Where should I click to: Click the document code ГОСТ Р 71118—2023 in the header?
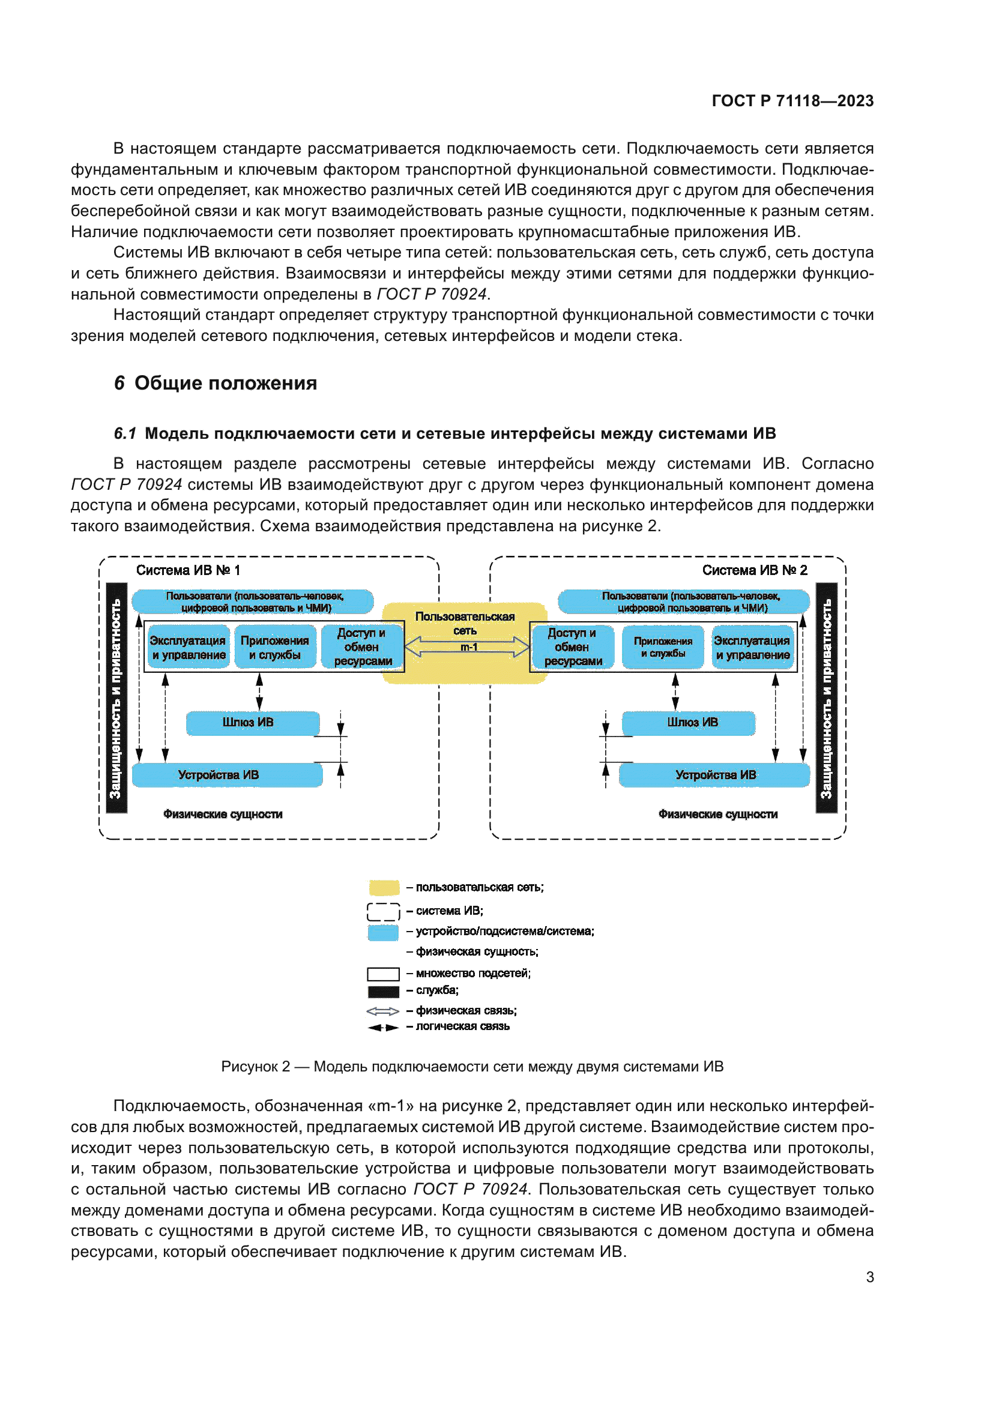[x=792, y=101]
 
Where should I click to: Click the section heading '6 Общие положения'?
[x=216, y=384]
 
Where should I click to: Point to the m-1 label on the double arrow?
[x=468, y=647]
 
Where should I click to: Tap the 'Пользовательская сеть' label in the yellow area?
[x=465, y=622]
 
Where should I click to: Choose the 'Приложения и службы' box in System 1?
[x=274, y=647]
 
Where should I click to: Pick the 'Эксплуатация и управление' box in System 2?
[x=752, y=647]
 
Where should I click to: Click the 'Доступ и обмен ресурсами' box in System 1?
[x=362, y=646]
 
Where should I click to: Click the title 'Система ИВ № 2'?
[x=754, y=570]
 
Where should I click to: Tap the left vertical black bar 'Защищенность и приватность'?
[x=116, y=697]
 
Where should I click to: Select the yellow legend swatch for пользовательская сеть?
[x=384, y=887]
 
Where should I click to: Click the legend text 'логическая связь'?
[x=462, y=1026]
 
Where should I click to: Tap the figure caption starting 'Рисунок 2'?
[x=472, y=1067]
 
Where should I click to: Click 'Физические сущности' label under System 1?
[x=223, y=814]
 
